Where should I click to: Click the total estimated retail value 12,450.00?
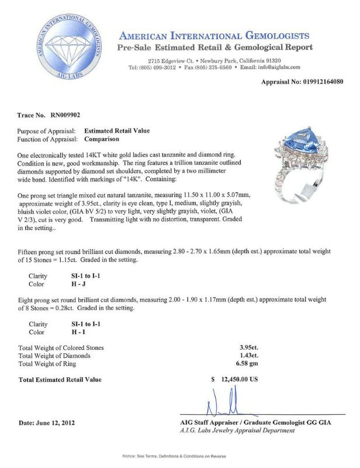tap(238, 379)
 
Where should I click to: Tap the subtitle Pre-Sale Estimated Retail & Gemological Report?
tap(215, 48)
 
